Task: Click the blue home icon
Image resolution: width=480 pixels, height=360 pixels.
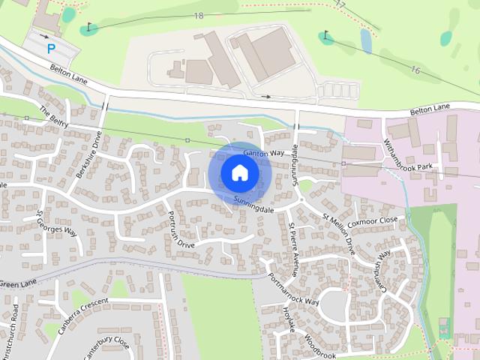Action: tap(239, 173)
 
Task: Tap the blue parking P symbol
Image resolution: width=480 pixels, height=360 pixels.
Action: tap(51, 49)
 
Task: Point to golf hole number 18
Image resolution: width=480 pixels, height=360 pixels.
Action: tap(198, 16)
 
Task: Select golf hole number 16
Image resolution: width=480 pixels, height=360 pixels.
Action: tap(415, 69)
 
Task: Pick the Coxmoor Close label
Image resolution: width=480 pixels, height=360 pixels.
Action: tap(372, 220)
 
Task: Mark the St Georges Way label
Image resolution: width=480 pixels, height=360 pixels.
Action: tap(58, 223)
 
